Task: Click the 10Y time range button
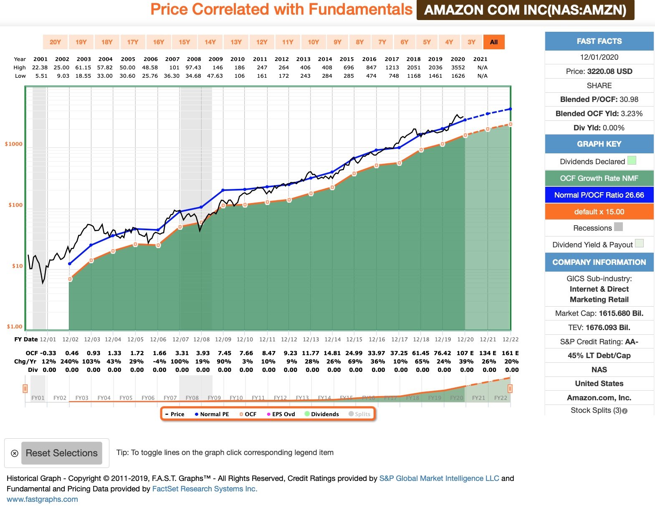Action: (313, 42)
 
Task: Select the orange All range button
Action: (494, 42)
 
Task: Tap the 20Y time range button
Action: (55, 42)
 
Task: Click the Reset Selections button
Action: (62, 453)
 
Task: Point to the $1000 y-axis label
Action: (14, 144)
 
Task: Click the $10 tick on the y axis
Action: (17, 266)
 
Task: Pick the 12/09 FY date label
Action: (223, 340)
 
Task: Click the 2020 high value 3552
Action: (458, 68)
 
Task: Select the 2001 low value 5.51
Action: (41, 76)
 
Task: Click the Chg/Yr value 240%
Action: (69, 361)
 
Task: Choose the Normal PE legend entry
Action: (212, 414)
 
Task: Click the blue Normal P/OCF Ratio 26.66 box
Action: (599, 195)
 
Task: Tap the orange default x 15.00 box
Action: (599, 212)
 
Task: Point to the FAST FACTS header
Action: (599, 41)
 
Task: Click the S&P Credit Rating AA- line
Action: (599, 342)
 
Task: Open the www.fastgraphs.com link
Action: (42, 499)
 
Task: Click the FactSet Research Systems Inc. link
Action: (205, 489)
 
